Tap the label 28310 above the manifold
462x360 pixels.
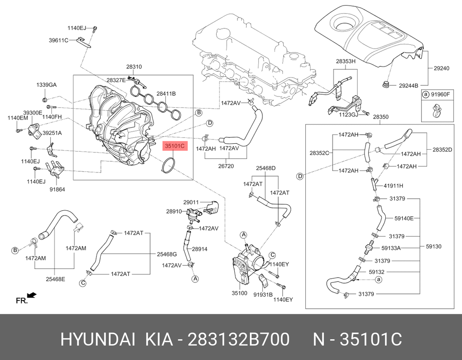tap(134, 67)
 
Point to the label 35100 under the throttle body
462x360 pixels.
tap(240, 293)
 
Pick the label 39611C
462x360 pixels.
tap(59, 40)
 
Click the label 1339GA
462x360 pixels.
tap(47, 85)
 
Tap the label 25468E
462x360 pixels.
tap(55, 279)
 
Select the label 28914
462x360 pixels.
tap(199, 249)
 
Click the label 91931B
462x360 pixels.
tap(263, 293)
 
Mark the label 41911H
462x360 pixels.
tap(394, 186)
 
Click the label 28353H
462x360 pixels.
tap(346, 61)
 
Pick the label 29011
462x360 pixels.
tap(190, 202)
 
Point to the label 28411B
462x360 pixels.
tap(166, 93)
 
